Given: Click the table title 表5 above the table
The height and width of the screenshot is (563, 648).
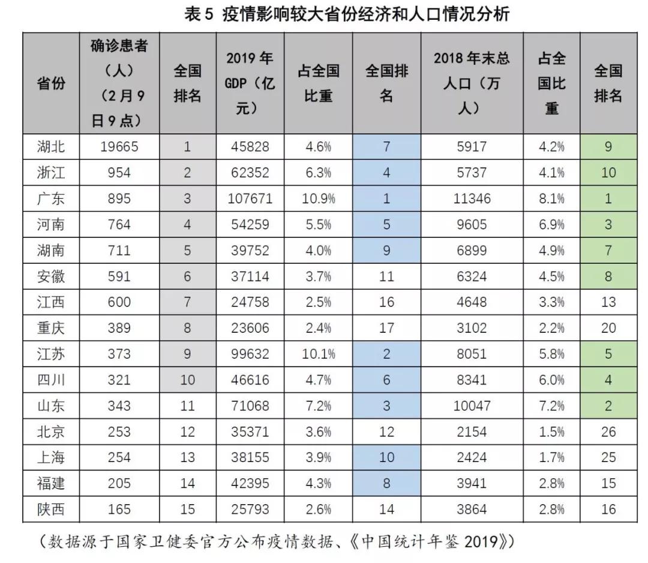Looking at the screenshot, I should pyautogui.click(x=348, y=13).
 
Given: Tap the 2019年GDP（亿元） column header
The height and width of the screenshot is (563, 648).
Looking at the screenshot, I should pyautogui.click(x=250, y=83).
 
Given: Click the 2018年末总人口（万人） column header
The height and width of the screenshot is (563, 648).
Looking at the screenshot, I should pyautogui.click(x=472, y=83).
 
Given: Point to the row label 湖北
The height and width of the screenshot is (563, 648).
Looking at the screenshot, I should pyautogui.click(x=51, y=147).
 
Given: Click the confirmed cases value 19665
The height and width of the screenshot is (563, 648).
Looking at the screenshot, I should pyautogui.click(x=118, y=147).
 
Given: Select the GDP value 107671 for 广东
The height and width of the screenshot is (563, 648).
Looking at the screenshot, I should pyautogui.click(x=250, y=199).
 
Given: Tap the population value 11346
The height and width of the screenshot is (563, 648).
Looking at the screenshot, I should pyautogui.click(x=472, y=199).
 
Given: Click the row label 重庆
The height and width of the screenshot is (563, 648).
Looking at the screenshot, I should pyautogui.click(x=51, y=328).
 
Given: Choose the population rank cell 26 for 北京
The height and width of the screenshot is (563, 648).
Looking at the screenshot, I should pyautogui.click(x=608, y=432).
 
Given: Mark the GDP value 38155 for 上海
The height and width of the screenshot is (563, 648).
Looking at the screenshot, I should pyautogui.click(x=250, y=458).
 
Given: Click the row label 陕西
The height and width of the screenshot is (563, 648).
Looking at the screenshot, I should pyautogui.click(x=51, y=510).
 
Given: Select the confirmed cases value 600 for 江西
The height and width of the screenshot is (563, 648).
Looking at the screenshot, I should pyautogui.click(x=118, y=302).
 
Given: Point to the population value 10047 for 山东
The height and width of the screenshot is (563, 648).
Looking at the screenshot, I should pyautogui.click(x=472, y=406).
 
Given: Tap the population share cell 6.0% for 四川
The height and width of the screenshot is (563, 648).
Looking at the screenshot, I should pyautogui.click(x=551, y=380).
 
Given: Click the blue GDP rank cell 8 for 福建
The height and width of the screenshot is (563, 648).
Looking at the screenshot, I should pyautogui.click(x=386, y=484).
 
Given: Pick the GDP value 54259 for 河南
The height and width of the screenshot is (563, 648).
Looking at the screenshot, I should pyautogui.click(x=250, y=225).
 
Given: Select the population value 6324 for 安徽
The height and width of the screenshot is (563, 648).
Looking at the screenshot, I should pyautogui.click(x=472, y=276).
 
